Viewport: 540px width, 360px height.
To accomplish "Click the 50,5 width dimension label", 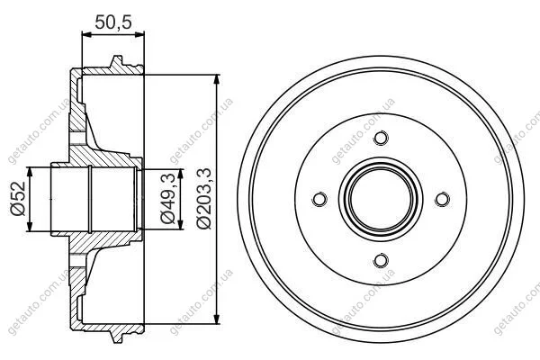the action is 113,22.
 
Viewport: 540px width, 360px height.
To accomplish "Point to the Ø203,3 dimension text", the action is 204,199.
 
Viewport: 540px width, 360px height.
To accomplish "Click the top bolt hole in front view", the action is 381,138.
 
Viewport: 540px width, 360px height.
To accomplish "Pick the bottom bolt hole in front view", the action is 381,260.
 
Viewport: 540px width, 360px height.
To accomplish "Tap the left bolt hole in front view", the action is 319,199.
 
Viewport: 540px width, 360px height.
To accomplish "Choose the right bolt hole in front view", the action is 442,199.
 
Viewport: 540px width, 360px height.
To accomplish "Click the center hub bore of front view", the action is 381,199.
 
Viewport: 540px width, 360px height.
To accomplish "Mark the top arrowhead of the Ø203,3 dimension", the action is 217,79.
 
